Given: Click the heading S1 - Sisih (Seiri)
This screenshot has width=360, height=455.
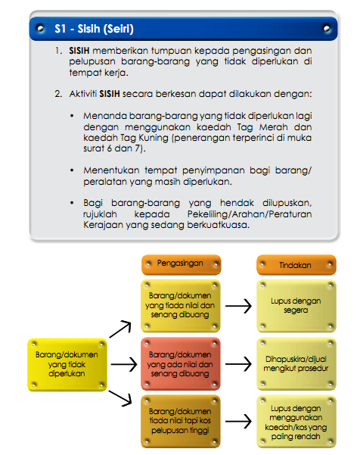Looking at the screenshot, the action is pyautogui.click(x=95, y=30).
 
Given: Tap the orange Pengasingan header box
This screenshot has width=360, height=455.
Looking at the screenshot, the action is pyautogui.click(x=182, y=264).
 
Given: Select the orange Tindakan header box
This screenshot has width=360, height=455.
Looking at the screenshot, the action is pyautogui.click(x=295, y=265).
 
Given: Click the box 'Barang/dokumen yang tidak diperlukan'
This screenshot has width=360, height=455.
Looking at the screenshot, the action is pyautogui.click(x=67, y=363).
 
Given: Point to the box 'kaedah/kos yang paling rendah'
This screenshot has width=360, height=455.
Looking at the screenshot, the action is pyautogui.click(x=296, y=422).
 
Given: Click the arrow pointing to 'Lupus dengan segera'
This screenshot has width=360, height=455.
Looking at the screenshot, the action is pyautogui.click(x=239, y=306).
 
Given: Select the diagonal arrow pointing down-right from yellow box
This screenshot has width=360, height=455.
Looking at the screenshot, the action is pyautogui.click(x=121, y=400).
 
